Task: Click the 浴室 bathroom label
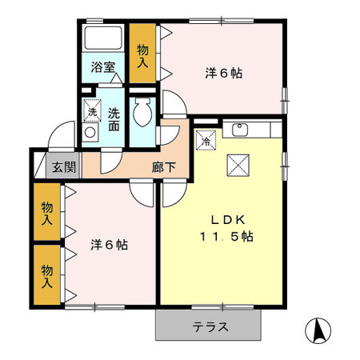pos(102,66)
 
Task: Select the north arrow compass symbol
pos(318,330)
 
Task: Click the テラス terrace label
pos(210,326)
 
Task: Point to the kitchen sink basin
pos(240,129)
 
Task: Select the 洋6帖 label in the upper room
pos(223,74)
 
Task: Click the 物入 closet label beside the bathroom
pos(143,54)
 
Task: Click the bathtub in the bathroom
pos(102,38)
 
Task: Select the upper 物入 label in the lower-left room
pos(48,212)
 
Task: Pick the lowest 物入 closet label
pos(48,274)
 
